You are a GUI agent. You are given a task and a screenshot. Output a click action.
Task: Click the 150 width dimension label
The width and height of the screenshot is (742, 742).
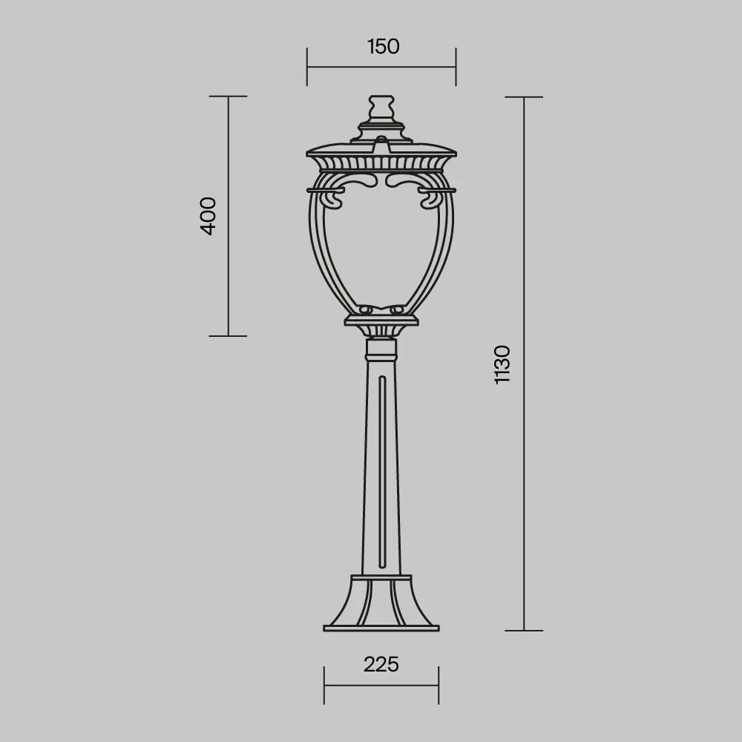pos(383,46)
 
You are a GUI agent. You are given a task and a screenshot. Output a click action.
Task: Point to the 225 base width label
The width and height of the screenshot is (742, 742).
pos(381,664)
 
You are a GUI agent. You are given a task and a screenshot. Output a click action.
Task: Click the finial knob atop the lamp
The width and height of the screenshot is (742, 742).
pos(381,106)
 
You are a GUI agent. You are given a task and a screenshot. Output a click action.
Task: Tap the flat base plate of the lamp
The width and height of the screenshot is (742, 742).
pos(381,628)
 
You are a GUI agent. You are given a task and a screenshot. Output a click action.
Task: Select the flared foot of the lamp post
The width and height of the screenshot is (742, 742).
pos(381,601)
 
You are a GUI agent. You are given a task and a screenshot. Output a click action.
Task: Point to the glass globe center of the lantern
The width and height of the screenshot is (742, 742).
pos(381,245)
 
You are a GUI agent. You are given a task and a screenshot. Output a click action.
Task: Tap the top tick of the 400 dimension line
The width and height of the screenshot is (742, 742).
pos(228,96)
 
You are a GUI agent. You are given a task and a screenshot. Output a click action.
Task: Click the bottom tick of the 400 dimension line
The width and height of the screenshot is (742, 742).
pos(228,336)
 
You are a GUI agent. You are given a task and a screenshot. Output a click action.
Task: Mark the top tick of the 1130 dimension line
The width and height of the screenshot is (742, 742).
pos(524,97)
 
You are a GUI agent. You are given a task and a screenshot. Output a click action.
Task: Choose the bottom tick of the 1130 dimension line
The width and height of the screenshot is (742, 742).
pos(524,631)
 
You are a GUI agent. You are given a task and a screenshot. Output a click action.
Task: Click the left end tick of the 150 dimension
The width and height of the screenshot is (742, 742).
pos(307,67)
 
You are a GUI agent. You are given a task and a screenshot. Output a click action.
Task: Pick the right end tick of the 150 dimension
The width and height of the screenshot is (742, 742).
pos(456,67)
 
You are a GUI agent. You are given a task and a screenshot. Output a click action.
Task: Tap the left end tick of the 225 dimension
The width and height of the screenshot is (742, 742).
pos(324,685)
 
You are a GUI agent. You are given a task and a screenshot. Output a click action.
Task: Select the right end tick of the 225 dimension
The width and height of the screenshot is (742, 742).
pos(439,685)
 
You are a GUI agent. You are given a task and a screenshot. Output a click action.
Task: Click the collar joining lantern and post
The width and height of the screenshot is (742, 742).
pos(381,347)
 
